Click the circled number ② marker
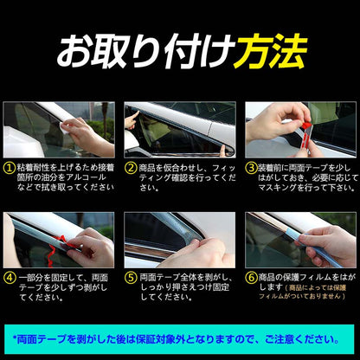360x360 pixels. click(132, 167)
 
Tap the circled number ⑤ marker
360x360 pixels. click(132, 279)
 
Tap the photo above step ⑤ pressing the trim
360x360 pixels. click(180, 240)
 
